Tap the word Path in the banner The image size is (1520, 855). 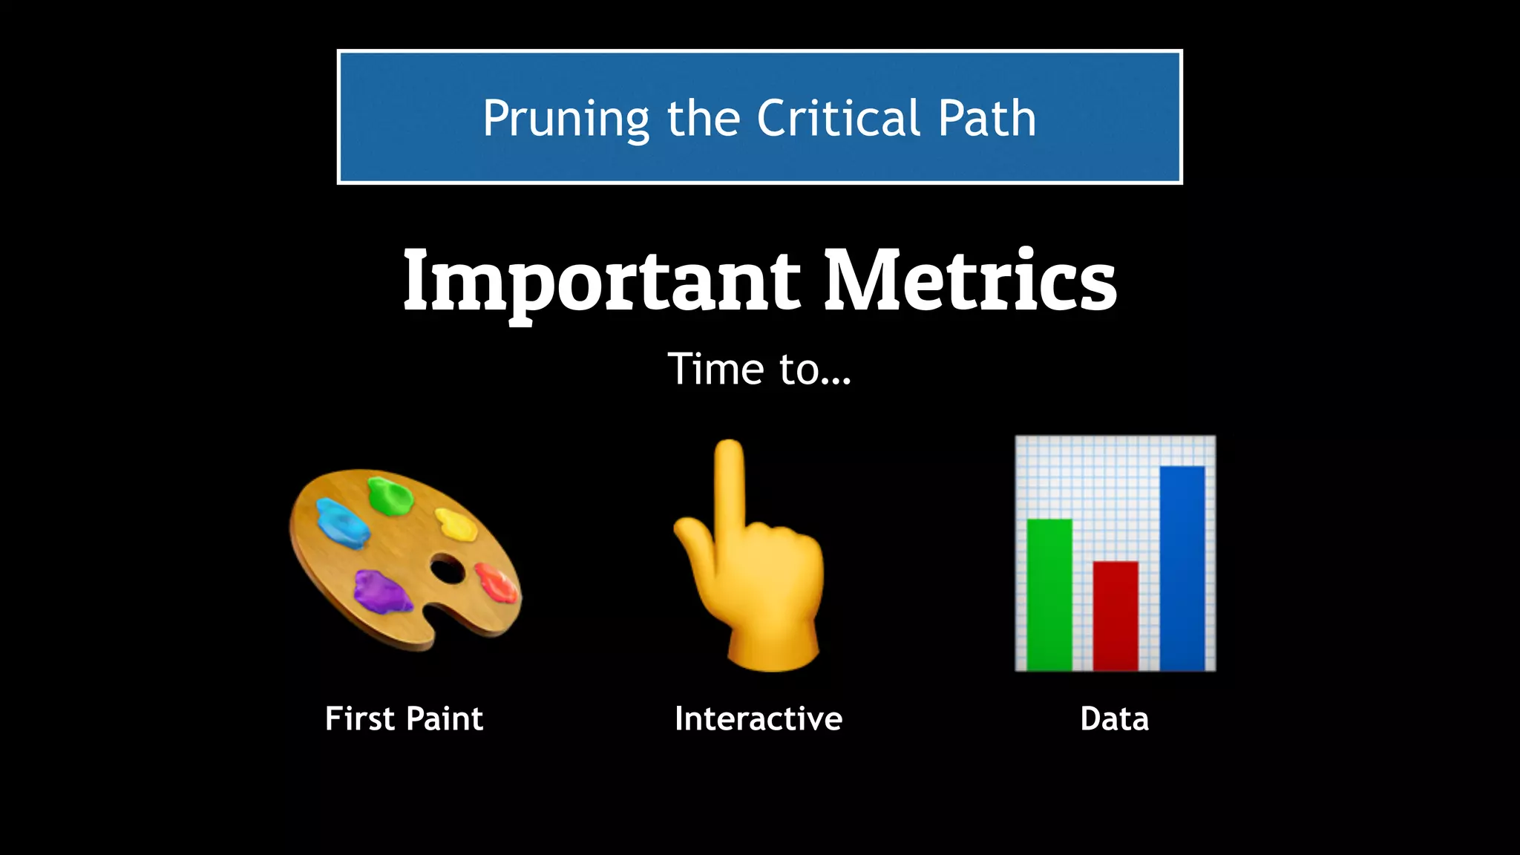(986, 118)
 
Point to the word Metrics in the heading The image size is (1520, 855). (970, 281)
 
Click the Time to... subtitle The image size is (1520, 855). (759, 369)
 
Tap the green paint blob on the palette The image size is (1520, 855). (389, 496)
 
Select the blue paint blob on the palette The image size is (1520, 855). (341, 520)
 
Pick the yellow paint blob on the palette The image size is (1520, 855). (456, 524)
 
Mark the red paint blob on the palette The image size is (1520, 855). (496, 582)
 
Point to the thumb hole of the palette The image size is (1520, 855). (447, 569)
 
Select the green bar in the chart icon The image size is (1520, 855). (1049, 594)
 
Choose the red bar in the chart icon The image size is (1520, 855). (1115, 615)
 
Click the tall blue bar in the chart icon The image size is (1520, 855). (1182, 568)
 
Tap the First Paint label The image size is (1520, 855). (404, 718)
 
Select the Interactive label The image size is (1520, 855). (759, 718)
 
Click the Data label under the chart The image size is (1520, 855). (1114, 718)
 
